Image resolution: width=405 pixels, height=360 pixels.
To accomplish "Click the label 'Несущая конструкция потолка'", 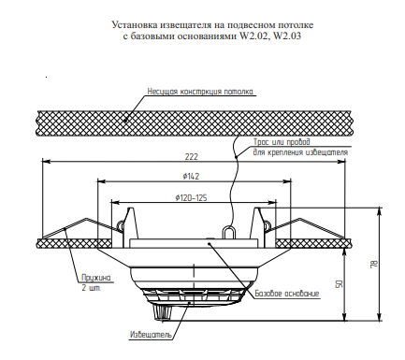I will (200, 92).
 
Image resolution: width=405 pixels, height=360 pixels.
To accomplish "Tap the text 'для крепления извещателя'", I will (300, 152).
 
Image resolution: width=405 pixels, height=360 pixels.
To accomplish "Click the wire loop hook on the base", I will (225, 227).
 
